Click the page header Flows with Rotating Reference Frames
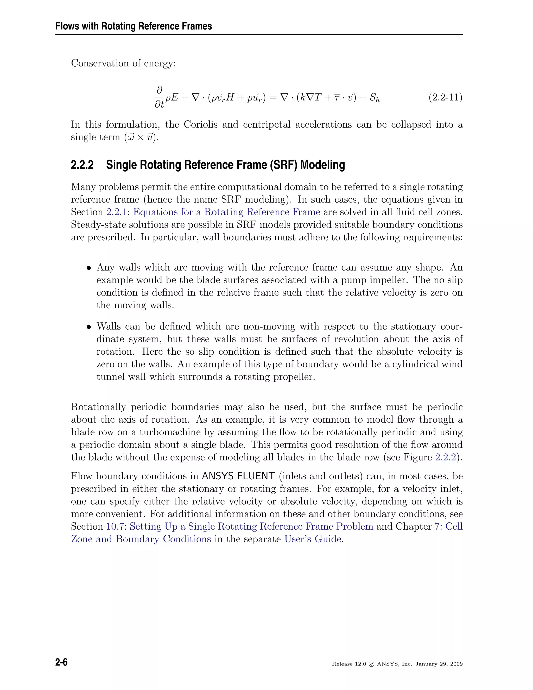pyautogui.click(x=134, y=26)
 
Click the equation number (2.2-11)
pyautogui.click(x=445, y=97)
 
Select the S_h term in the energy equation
pyautogui.click(x=375, y=98)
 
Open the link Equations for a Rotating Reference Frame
pyautogui.click(x=226, y=212)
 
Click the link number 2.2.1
pyautogui.click(x=116, y=212)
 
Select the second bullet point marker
pyautogui.click(x=89, y=327)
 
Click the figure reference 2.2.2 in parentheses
pyautogui.click(x=446, y=457)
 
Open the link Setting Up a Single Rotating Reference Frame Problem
pyautogui.click(x=251, y=526)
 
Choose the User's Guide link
pyautogui.click(x=313, y=539)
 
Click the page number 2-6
pyautogui.click(x=62, y=662)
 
